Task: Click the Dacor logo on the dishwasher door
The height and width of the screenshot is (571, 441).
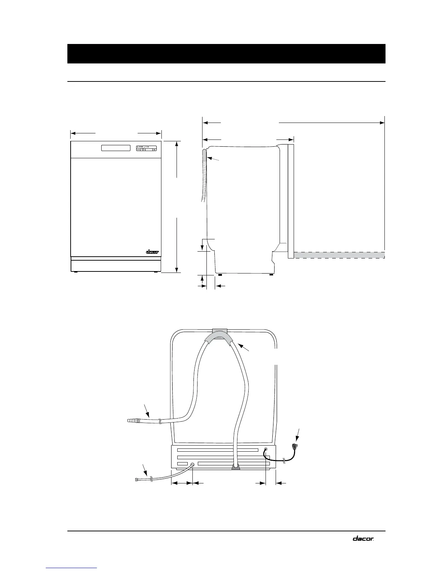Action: (152, 252)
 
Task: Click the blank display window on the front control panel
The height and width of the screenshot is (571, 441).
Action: (116, 149)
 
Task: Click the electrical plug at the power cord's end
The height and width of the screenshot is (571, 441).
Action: (297, 447)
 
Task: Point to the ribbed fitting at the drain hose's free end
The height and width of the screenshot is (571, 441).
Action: (134, 420)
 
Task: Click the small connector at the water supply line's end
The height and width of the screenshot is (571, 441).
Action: (137, 479)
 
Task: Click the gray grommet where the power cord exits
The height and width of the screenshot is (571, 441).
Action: (265, 450)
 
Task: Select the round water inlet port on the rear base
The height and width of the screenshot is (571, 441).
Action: (192, 465)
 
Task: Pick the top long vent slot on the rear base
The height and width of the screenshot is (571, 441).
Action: (218, 450)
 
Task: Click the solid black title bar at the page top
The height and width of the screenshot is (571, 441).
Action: (226, 54)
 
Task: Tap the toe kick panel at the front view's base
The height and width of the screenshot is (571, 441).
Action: (116, 266)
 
